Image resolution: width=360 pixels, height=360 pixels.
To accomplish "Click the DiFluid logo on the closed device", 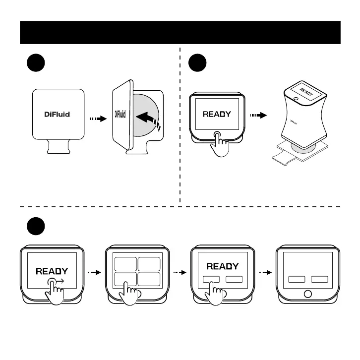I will (x=55, y=114).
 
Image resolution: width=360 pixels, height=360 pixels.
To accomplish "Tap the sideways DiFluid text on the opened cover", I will (x=120, y=115).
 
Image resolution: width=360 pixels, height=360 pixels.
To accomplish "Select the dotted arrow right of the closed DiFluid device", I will (x=97, y=119).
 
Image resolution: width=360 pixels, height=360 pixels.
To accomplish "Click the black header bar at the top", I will (x=180, y=32).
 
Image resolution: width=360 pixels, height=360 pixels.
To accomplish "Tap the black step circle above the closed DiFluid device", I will (x=36, y=64).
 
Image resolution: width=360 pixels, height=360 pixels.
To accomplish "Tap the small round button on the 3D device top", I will (x=296, y=99).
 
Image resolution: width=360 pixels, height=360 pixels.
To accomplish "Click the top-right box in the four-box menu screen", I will (x=149, y=264).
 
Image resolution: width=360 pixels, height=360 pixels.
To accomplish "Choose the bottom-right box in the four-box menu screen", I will (x=149, y=279).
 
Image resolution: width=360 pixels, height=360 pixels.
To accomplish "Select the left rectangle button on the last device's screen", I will (x=298, y=280).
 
